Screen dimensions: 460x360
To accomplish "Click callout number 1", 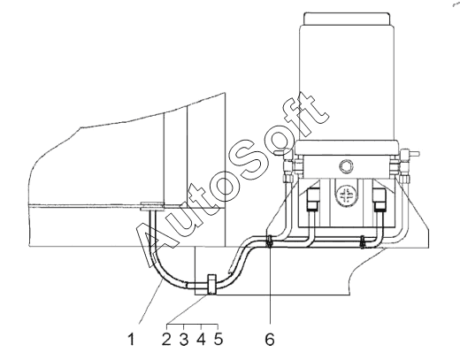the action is coord(132,340).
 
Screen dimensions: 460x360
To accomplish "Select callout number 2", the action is coord(166,340).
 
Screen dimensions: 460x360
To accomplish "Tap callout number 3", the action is coord(184,340).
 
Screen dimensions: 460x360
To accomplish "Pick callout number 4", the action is coord(201,340).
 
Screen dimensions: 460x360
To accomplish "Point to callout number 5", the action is coord(218,340).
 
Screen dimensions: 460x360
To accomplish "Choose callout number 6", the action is coord(270,340).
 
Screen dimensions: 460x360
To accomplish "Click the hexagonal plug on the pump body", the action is coord(346,166).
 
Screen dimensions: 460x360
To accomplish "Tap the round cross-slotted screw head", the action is coord(346,195).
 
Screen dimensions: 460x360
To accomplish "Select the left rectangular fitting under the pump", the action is coord(312,199).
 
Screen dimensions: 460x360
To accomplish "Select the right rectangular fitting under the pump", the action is coord(379,199).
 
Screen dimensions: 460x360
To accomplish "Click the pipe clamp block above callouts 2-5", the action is coord(212,284).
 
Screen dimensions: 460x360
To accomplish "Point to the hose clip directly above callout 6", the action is coord(269,241).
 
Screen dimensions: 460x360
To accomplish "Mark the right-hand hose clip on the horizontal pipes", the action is coord(363,241).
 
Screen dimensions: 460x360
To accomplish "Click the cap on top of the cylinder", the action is coord(346,19).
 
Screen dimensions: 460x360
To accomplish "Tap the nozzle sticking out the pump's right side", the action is coord(413,153).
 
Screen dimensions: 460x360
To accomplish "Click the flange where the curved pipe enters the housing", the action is coord(152,206).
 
